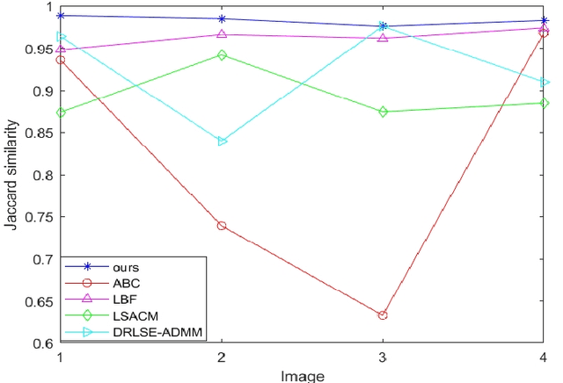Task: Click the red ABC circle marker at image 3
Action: point(383,314)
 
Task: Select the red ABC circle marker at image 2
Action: point(222,226)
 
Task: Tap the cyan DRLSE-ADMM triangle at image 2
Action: point(222,141)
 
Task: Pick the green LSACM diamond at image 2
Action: point(222,55)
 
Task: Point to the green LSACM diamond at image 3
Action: point(383,112)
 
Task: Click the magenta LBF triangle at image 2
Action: point(222,34)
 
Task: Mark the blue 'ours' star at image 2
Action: point(222,18)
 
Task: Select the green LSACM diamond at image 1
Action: point(60,112)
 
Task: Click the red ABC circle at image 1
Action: point(60,60)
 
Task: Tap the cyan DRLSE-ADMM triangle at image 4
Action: point(545,82)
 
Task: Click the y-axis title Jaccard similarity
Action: point(11,176)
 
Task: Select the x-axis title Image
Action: point(302,375)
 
